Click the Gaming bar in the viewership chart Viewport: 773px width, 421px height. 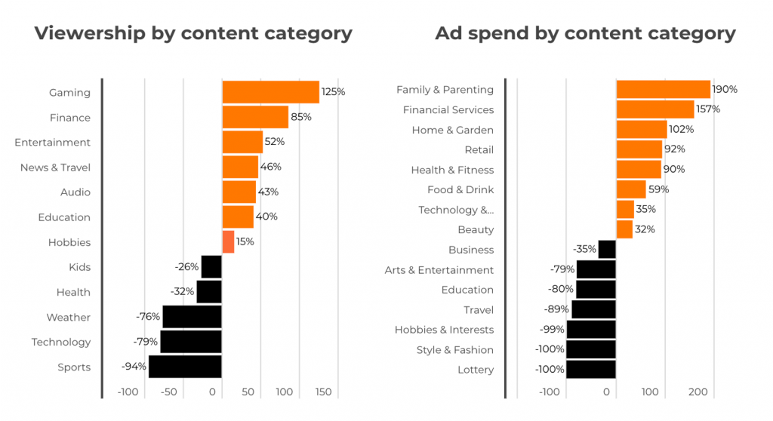pyautogui.click(x=270, y=92)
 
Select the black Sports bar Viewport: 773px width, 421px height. pyautogui.click(x=185, y=367)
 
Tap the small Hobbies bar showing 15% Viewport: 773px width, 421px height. pyautogui.click(x=228, y=242)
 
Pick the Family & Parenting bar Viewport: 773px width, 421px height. pyautogui.click(x=663, y=89)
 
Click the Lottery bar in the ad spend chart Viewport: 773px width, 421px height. pyautogui.click(x=591, y=370)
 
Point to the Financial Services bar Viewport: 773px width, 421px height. pyautogui.click(x=654, y=109)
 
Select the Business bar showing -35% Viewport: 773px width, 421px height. pyautogui.click(x=607, y=250)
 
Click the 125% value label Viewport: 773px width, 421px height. pyautogui.click(x=333, y=92)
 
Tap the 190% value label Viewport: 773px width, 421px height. pyautogui.click(x=725, y=89)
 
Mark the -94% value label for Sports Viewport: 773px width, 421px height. pyautogui.click(x=134, y=367)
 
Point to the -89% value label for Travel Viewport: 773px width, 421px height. pyautogui.click(x=556, y=309)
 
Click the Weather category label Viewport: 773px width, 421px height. pyautogui.click(x=68, y=318)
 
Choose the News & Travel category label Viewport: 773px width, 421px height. pyautogui.click(x=55, y=167)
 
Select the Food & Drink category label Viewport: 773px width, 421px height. pyautogui.click(x=460, y=189)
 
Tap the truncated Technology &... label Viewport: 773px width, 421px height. pyautogui.click(x=456, y=210)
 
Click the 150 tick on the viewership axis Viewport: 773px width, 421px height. pyautogui.click(x=322, y=392)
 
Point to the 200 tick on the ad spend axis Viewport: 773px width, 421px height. pyautogui.click(x=698, y=392)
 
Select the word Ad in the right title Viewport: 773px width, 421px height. pyautogui.click(x=448, y=34)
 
